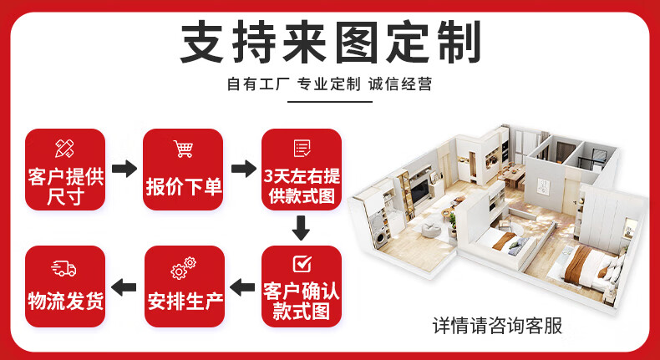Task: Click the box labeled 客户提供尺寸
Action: coord(65,169)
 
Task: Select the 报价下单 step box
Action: coord(184,169)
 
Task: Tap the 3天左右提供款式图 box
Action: coord(302,169)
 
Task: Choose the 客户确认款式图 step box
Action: coord(302,286)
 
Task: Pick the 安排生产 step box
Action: coord(184,286)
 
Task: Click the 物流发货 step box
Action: coord(65,286)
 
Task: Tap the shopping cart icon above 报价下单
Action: coord(184,150)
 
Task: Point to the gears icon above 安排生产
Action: coord(184,268)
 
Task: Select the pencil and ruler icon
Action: coord(64,149)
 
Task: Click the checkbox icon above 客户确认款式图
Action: coord(302,265)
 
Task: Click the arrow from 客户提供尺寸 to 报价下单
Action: coord(124,169)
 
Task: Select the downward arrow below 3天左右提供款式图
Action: coord(302,226)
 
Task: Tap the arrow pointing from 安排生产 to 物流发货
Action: coord(124,287)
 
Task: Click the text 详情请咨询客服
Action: coord(497,326)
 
